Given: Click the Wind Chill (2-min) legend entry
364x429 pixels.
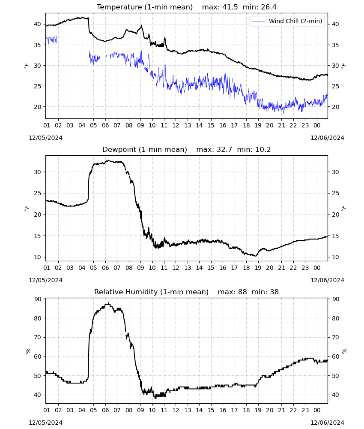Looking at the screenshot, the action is [x=287, y=21].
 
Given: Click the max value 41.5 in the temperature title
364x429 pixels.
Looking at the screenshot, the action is [x=230, y=7].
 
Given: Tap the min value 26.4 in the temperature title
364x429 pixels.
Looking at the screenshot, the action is [x=269, y=7].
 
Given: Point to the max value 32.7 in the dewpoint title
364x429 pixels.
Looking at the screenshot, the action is [x=224, y=150].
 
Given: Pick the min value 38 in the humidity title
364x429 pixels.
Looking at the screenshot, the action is [x=274, y=292].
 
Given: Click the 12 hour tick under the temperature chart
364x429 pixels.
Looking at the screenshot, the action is [x=176, y=125].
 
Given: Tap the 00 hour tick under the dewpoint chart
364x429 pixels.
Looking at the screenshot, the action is [x=317, y=268].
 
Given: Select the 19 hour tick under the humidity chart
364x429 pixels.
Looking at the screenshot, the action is [x=258, y=410].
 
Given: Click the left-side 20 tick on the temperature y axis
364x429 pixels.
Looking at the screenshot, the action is [x=37, y=107].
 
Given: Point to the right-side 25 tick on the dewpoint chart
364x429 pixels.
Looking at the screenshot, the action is [x=335, y=193].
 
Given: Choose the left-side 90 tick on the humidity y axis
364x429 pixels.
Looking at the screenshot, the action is [x=37, y=299].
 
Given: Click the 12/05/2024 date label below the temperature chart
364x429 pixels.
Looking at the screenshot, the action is [x=45, y=138].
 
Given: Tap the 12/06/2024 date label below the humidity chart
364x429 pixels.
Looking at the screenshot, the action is [x=327, y=423].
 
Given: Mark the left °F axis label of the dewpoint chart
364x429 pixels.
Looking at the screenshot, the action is [x=27, y=208].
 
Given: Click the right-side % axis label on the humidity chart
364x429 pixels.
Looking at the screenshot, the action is [x=344, y=351].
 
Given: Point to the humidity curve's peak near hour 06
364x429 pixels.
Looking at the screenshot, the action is [x=109, y=303].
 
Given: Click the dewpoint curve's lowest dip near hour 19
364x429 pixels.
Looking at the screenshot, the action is [x=256, y=256].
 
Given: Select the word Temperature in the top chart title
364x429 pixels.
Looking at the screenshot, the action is [x=119, y=7].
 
